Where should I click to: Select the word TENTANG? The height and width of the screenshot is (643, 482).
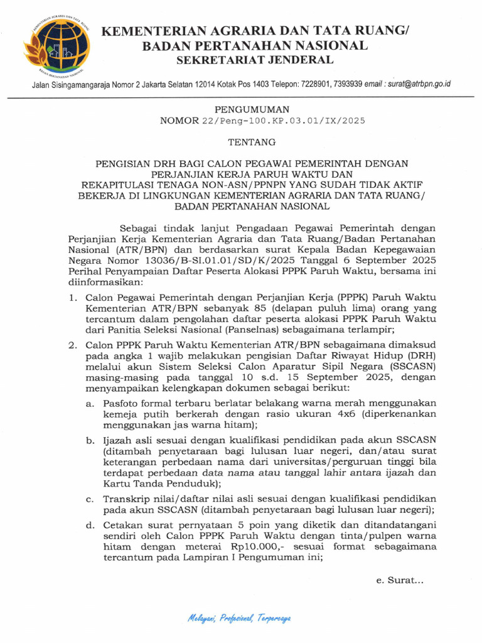241,141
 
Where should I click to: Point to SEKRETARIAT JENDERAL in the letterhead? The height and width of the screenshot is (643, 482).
254,60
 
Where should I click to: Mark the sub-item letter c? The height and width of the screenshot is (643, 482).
90,499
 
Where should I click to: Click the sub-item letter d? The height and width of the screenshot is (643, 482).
90,525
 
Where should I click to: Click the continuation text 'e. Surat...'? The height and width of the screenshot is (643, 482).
400,581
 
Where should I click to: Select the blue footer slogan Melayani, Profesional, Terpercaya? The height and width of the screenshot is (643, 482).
239,619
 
